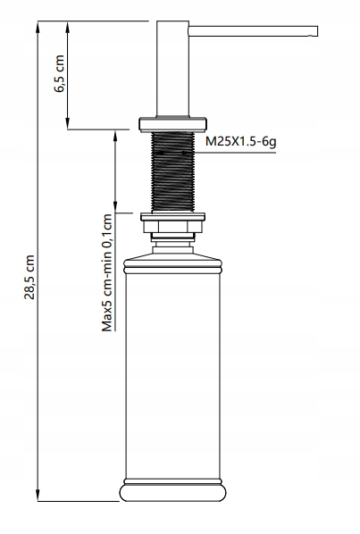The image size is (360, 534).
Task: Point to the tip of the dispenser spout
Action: point(315,32)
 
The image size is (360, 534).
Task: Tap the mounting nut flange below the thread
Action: point(172,219)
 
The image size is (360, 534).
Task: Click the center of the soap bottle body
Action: point(172,375)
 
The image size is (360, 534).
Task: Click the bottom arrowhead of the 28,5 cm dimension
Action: point(38,495)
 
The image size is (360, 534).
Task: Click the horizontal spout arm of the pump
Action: point(250,32)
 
